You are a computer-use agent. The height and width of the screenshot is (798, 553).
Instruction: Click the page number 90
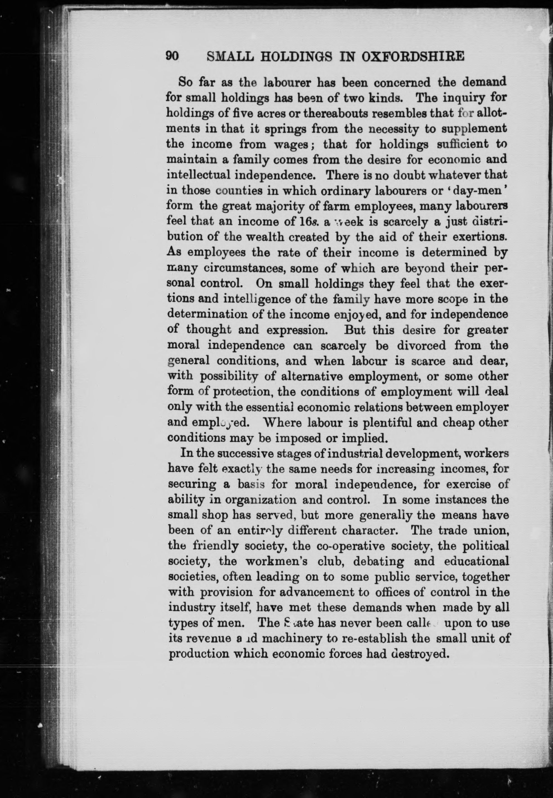point(172,56)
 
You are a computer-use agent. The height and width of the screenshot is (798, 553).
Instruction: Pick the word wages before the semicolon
point(290,144)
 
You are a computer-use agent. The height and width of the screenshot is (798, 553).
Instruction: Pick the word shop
point(215,515)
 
